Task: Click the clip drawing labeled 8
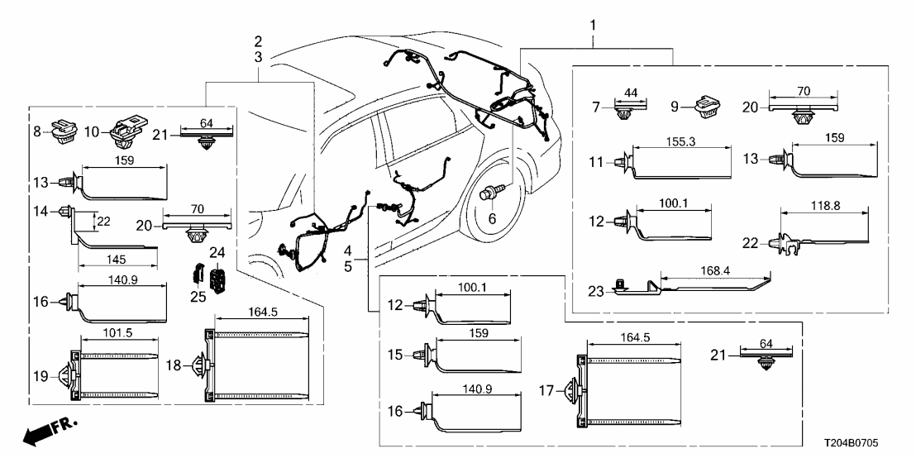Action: coord(63,131)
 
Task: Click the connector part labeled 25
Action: coord(199,274)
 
